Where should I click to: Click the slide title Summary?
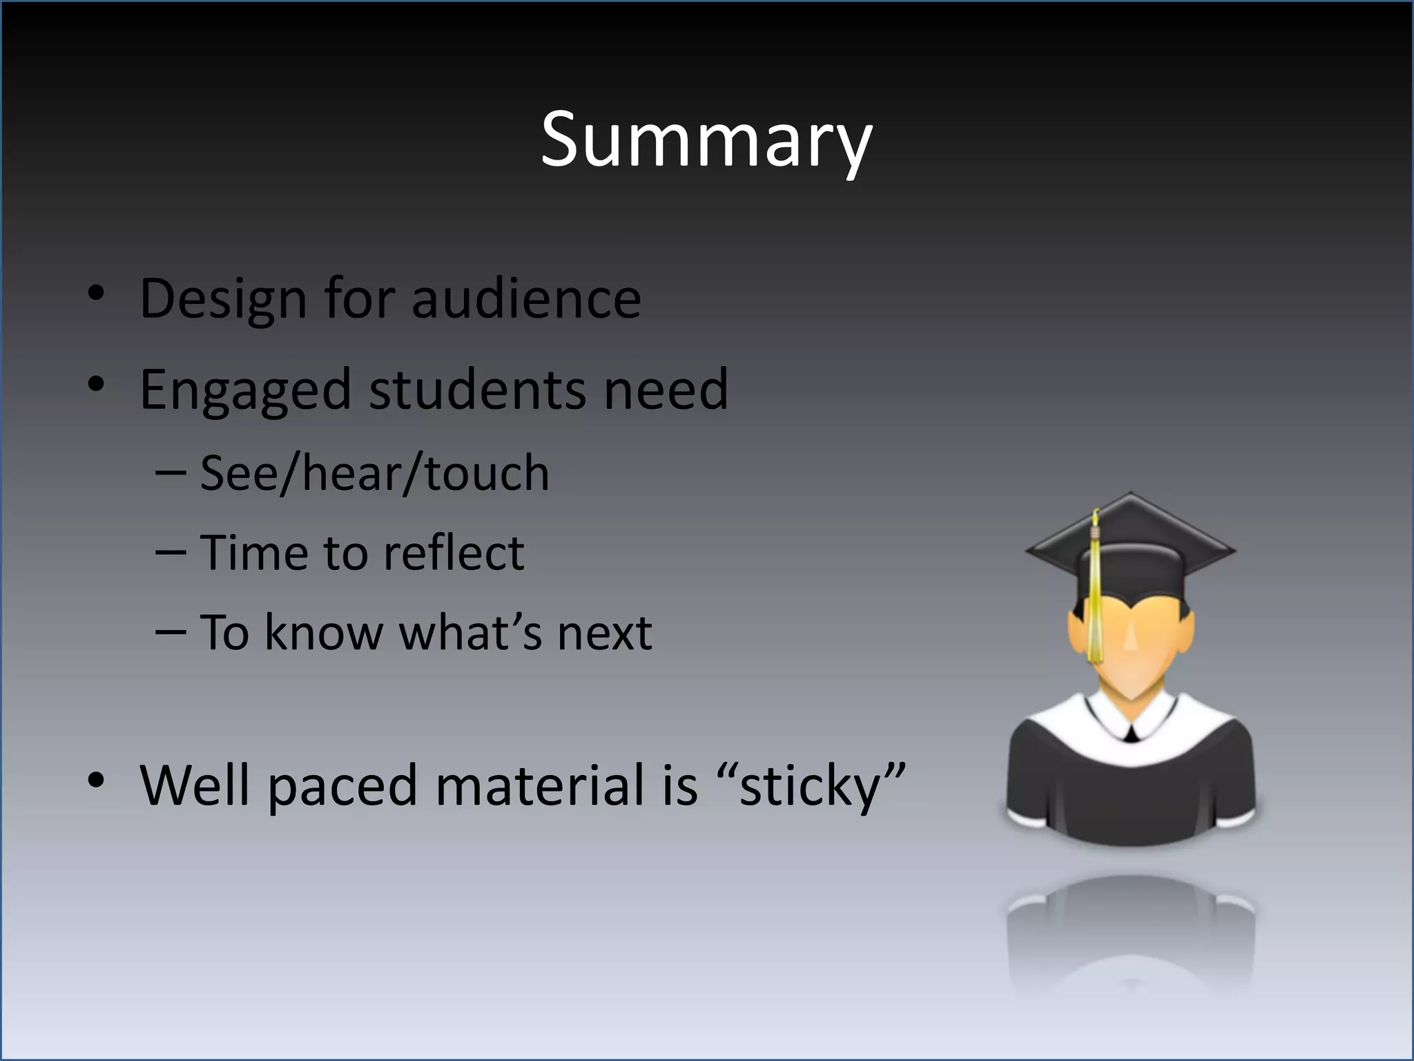[x=706, y=140]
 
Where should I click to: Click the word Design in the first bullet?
[x=223, y=299]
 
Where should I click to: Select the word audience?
[x=526, y=299]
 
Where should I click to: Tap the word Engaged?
[x=245, y=390]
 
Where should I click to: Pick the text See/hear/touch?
[x=374, y=474]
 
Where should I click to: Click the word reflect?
[x=454, y=553]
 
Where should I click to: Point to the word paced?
[x=342, y=786]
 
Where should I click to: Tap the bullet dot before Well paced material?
[x=96, y=781]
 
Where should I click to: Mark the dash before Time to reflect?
[x=171, y=553]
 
